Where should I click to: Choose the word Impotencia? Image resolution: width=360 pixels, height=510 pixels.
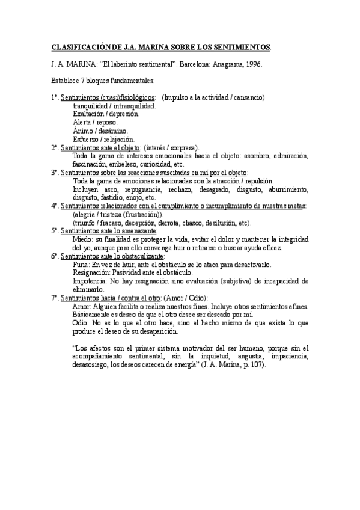coord(90,281)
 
